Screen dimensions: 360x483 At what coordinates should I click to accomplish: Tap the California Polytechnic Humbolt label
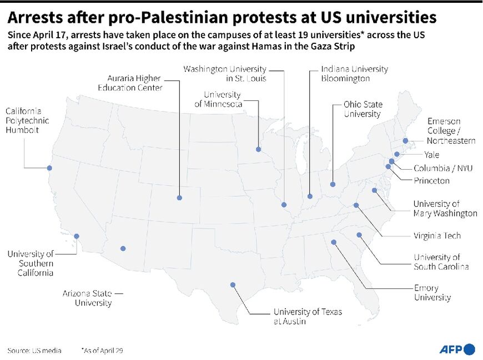coord(27,120)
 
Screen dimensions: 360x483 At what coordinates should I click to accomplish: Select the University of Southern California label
coord(31,263)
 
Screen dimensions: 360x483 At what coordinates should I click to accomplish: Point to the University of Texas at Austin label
coord(307,316)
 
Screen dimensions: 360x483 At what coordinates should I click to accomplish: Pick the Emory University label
coord(432,293)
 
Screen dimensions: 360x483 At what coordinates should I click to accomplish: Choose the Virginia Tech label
coord(437,236)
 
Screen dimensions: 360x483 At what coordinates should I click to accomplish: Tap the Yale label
coord(431,155)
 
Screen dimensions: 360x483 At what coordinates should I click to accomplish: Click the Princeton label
coord(431,180)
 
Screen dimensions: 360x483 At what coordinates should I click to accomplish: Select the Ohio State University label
coord(362,109)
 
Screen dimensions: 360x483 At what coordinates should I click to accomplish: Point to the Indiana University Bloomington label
coord(354,74)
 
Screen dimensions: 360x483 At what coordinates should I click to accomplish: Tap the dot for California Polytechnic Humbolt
coord(50,168)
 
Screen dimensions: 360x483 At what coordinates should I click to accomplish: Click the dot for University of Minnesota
coord(258,149)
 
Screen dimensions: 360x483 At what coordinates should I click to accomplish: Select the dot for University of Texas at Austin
coord(233,285)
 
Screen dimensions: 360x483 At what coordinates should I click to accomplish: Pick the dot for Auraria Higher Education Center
coord(179,197)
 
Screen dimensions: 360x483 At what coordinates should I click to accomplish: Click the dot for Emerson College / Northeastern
coord(406,141)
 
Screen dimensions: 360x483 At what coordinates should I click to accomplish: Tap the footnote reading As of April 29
coord(103,351)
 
